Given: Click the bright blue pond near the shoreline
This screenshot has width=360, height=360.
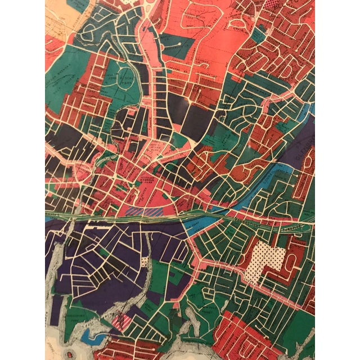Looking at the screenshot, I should point(89,335).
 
